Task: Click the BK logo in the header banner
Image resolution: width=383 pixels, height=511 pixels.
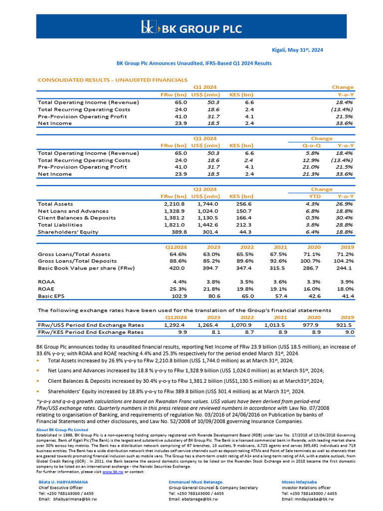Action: (x=148, y=27)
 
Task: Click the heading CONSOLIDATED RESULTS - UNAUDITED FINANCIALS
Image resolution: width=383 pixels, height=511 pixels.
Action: (x=113, y=80)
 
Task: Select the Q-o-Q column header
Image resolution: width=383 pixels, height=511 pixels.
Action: (x=312, y=145)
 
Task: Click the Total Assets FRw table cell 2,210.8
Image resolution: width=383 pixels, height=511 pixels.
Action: (x=175, y=204)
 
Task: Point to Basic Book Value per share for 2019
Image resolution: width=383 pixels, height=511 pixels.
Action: (x=345, y=268)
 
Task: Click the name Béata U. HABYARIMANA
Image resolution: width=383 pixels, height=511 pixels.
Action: (x=63, y=482)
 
